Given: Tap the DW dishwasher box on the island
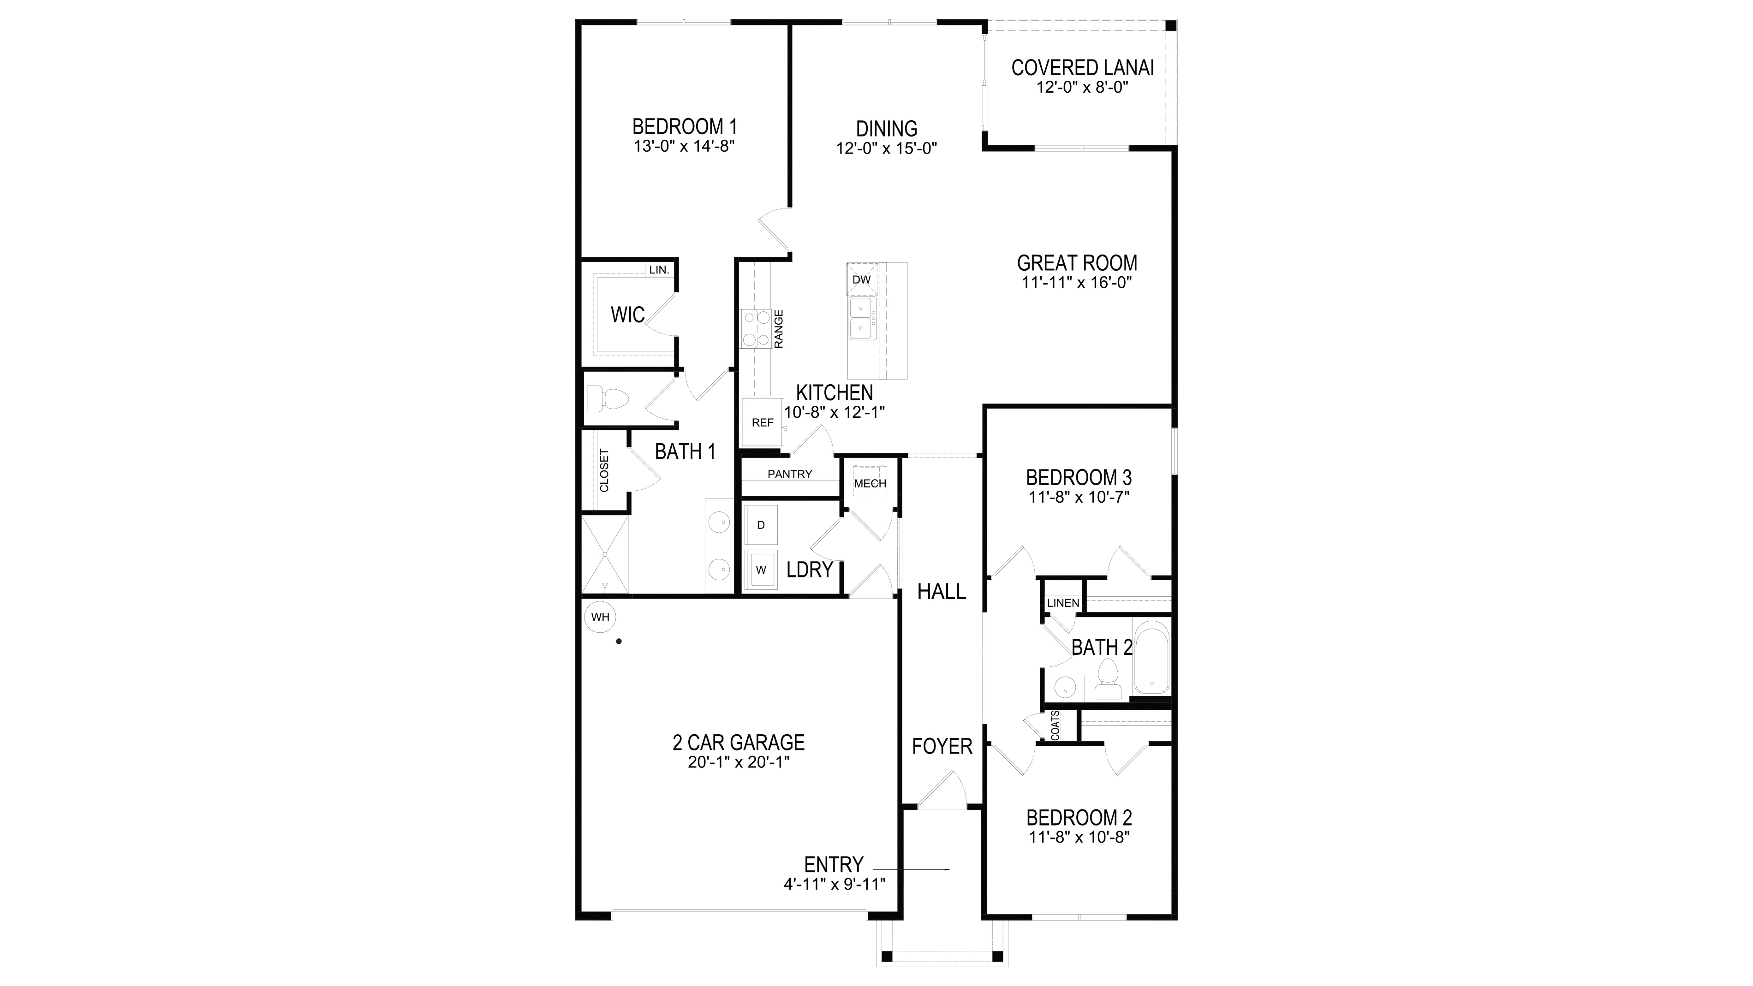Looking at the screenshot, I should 862,279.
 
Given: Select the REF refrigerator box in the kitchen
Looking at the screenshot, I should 762,422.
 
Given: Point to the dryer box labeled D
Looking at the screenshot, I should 761,525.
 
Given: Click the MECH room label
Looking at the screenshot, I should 870,483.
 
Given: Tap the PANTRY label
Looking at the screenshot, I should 789,474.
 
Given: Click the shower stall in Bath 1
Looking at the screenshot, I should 605,555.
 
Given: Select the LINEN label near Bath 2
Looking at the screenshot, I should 1063,603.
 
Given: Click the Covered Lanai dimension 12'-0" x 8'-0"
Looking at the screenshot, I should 1082,88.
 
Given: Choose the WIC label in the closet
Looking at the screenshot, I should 627,315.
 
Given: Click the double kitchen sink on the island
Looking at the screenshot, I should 862,319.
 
